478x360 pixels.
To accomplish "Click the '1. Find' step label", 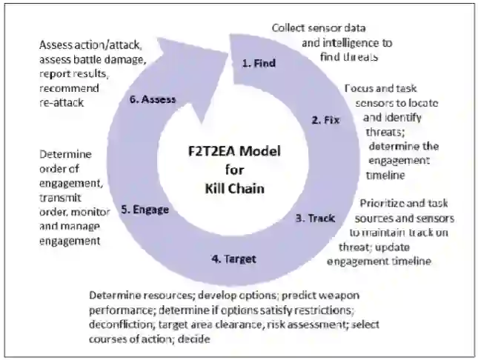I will point(259,64).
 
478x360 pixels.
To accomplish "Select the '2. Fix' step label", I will point(325,119).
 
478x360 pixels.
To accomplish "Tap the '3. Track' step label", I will point(316,219).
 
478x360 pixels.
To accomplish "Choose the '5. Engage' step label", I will point(145,210).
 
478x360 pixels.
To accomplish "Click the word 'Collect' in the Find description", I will point(288,27).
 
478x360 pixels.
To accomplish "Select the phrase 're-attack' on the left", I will point(63,103).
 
